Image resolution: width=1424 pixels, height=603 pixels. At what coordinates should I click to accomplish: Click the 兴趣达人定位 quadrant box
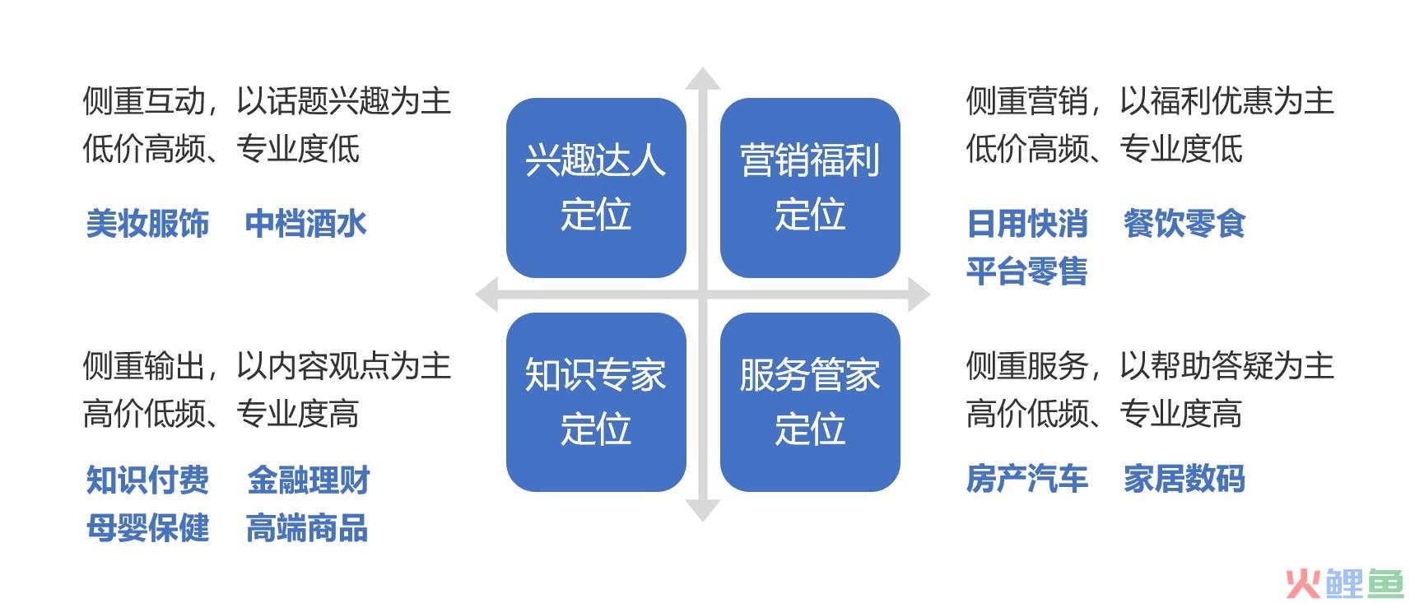pyautogui.click(x=596, y=188)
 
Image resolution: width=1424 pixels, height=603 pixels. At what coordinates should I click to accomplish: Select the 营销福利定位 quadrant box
pyautogui.click(x=810, y=188)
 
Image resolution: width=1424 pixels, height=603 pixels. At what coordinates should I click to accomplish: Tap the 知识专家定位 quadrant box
pyautogui.click(x=596, y=402)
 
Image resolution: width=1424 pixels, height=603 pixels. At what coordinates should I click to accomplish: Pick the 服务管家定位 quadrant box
pyautogui.click(x=810, y=402)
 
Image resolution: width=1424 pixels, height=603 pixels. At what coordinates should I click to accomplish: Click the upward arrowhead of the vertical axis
pyautogui.click(x=703, y=78)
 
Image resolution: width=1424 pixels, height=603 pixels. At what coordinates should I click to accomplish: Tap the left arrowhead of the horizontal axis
pyautogui.click(x=486, y=295)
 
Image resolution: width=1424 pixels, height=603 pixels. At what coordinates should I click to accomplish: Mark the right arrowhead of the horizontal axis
pyautogui.click(x=919, y=295)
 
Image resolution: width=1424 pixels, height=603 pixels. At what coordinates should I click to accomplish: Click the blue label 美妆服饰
pyautogui.click(x=148, y=224)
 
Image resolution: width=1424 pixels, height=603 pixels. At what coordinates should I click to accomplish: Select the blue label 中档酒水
pyautogui.click(x=306, y=224)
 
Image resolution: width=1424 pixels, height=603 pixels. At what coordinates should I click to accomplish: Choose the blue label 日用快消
pyautogui.click(x=1027, y=224)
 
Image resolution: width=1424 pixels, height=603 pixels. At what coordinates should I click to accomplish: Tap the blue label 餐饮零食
pyautogui.click(x=1184, y=224)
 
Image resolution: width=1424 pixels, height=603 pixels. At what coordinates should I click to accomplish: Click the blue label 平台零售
pyautogui.click(x=1027, y=271)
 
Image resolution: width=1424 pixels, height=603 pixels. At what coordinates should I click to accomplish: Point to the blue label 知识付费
pyautogui.click(x=148, y=480)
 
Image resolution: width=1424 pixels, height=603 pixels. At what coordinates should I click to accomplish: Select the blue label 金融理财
pyautogui.click(x=309, y=480)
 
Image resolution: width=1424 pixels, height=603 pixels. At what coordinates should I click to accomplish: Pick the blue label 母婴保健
pyautogui.click(x=148, y=528)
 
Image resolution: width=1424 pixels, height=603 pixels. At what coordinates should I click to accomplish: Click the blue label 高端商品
pyautogui.click(x=307, y=528)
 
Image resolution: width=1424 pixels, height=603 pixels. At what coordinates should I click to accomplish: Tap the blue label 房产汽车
pyautogui.click(x=1027, y=479)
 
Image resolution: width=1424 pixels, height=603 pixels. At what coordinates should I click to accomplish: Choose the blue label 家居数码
pyautogui.click(x=1184, y=479)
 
